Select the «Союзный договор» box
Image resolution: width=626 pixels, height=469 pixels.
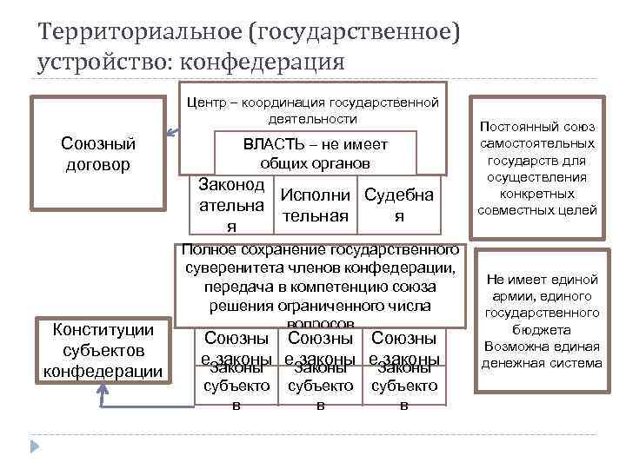click(x=97, y=153)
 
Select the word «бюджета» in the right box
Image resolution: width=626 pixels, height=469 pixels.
click(x=543, y=330)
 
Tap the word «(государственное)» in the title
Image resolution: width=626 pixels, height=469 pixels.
click(x=351, y=34)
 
